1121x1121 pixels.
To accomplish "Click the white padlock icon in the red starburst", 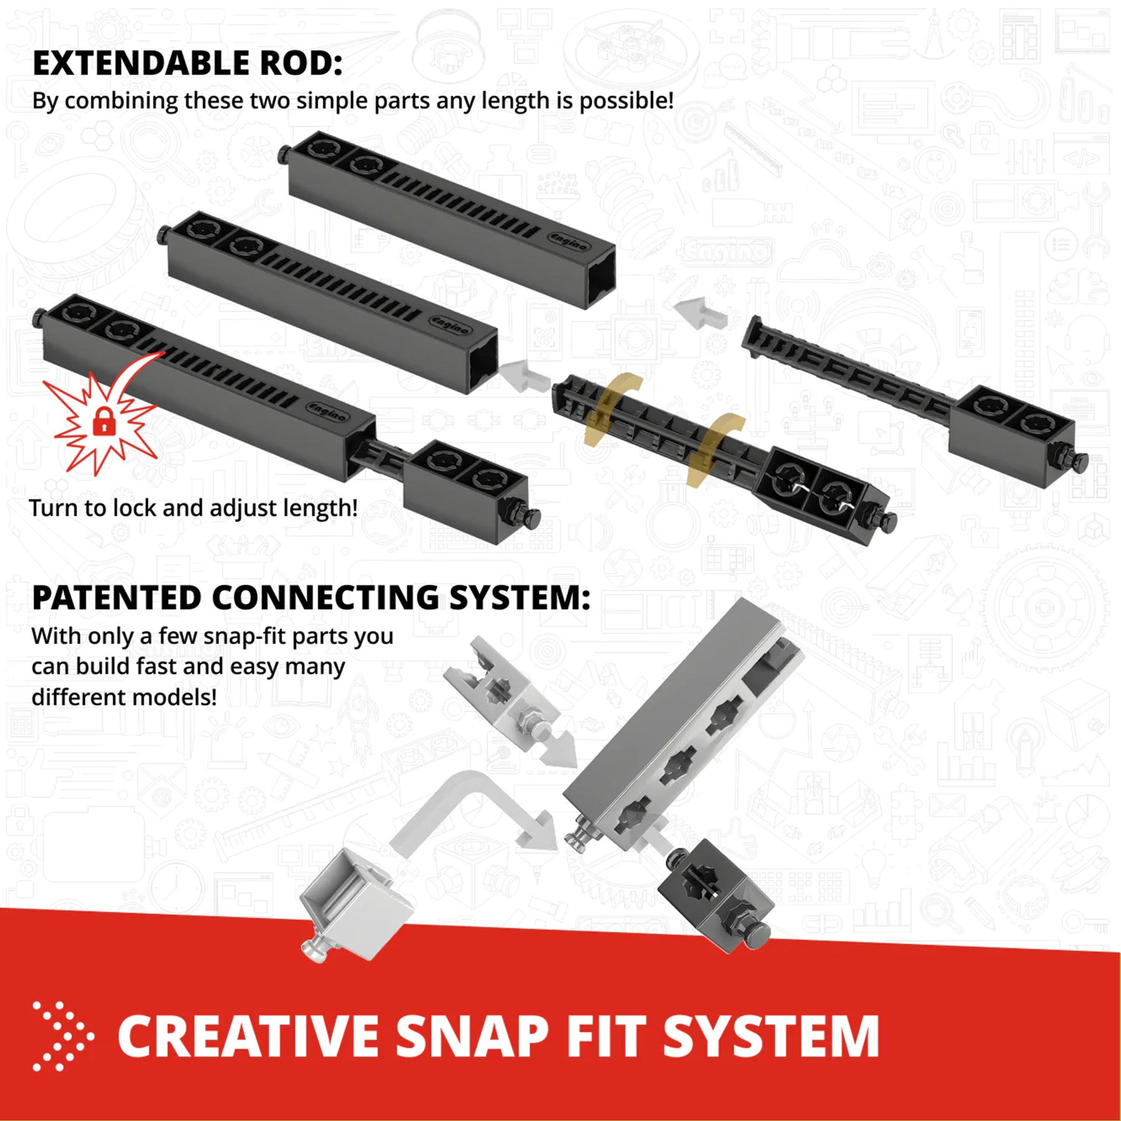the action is pyautogui.click(x=104, y=421).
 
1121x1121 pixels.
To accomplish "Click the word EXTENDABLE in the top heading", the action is pyautogui.click(x=141, y=64).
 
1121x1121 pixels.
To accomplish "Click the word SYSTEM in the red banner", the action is pyautogui.click(x=771, y=1036).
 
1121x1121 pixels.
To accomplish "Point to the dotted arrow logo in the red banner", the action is pyautogui.click(x=63, y=1036).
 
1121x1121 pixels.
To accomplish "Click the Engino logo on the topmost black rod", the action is pyautogui.click(x=569, y=241).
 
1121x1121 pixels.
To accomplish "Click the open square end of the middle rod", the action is pyautogui.click(x=483, y=364).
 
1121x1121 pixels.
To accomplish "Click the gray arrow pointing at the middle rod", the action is pyautogui.click(x=525, y=376).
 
